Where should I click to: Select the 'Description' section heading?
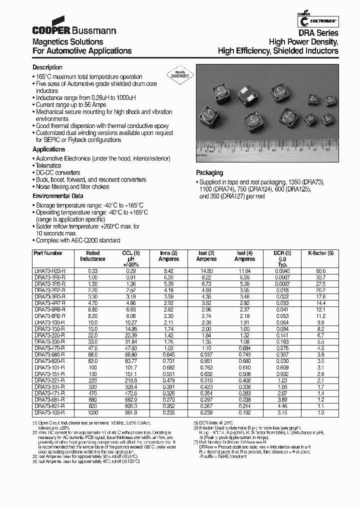(x=47, y=67)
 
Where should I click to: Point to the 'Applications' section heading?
(x=49, y=149)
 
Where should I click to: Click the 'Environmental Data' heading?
(x=58, y=196)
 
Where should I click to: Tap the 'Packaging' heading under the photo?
(x=209, y=173)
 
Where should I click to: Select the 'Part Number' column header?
(x=48, y=253)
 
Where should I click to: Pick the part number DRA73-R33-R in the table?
(x=49, y=270)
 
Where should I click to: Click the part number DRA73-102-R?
(x=49, y=413)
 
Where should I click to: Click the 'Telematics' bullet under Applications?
(x=48, y=165)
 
